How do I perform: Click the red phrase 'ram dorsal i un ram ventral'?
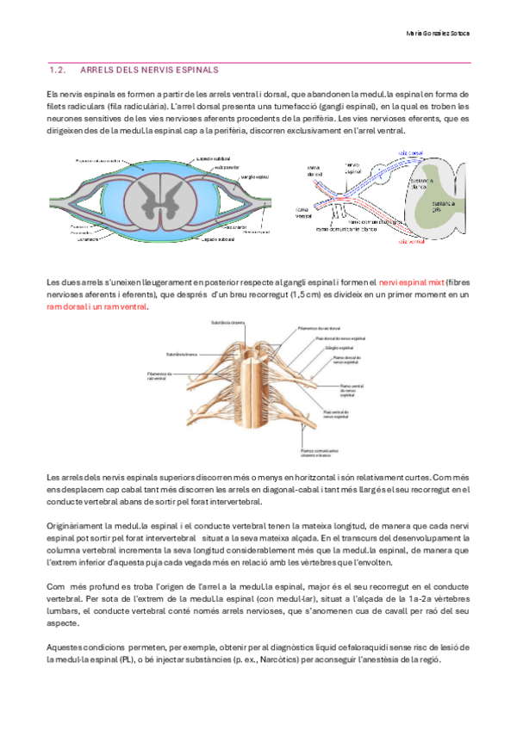point(97,307)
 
